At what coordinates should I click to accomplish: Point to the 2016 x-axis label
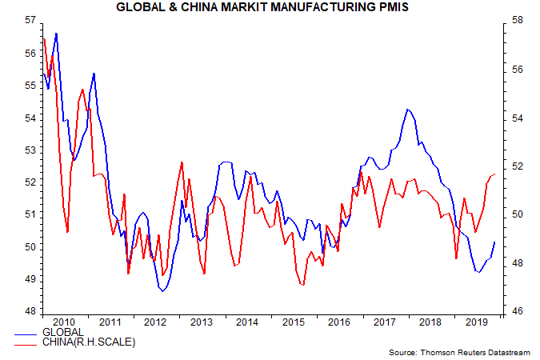coord(338,322)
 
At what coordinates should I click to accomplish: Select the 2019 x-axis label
coord(477,322)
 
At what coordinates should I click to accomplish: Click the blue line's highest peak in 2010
coord(56,34)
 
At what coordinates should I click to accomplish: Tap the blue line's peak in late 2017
coord(407,109)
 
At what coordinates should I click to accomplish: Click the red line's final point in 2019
coord(495,174)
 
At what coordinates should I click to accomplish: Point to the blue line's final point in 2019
coord(495,242)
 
